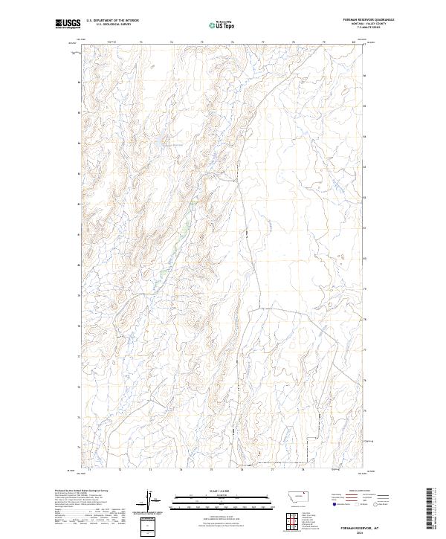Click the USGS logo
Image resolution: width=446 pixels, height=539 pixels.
click(x=68, y=24)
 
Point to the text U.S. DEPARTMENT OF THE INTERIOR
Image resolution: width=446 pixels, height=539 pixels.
click(x=112, y=21)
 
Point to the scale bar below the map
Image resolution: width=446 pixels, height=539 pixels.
click(x=222, y=503)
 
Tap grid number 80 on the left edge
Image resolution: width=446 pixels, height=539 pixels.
click(x=79, y=265)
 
